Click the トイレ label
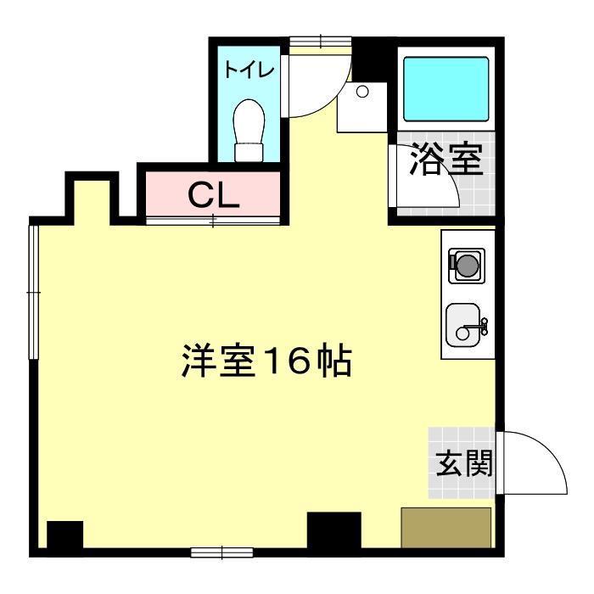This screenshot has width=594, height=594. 249,70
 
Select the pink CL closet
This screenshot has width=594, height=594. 213,195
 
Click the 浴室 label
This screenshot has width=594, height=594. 446,160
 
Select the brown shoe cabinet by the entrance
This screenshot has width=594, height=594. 446,528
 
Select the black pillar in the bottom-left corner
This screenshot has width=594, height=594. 64,535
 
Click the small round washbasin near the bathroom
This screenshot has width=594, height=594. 362,91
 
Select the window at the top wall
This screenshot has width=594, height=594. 320,40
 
